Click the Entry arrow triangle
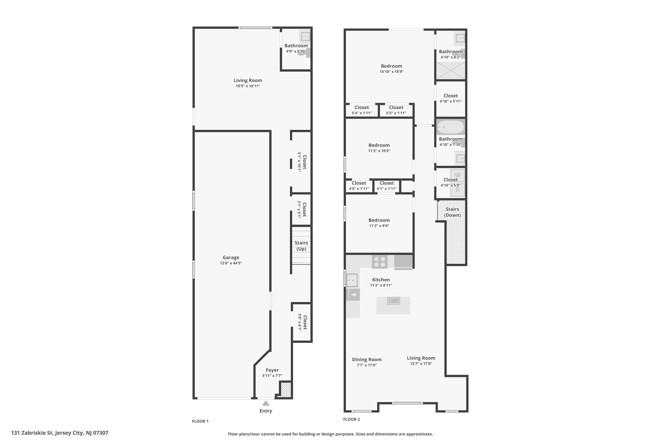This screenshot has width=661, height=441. click(x=266, y=403)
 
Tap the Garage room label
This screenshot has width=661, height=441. click(x=231, y=257)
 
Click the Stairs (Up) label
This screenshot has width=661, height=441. click(x=301, y=246)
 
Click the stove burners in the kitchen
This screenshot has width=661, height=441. click(x=379, y=262)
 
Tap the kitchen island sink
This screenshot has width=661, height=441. click(x=393, y=301)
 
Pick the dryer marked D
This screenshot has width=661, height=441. click(x=458, y=190)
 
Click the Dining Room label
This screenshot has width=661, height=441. click(x=367, y=359)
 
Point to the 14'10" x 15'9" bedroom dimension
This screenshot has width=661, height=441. click(x=392, y=72)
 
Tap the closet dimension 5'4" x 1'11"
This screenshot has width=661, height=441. click(x=362, y=113)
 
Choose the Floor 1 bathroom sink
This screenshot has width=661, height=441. click(x=305, y=37)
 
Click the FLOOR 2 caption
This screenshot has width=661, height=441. click(x=351, y=419)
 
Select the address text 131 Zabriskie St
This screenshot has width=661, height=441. click(x=59, y=433)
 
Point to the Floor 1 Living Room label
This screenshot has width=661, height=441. click(x=248, y=80)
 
